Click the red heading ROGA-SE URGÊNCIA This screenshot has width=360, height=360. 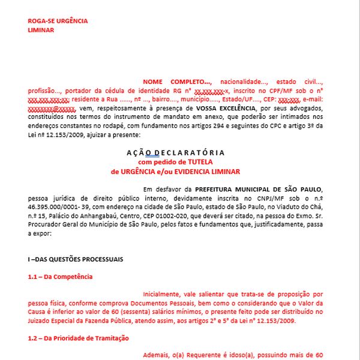coord(58,21)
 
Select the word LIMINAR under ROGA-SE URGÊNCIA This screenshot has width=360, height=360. coord(41,29)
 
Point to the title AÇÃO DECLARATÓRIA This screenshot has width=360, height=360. coord(176,152)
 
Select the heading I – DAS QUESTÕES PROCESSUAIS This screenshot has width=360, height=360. coord(75,259)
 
